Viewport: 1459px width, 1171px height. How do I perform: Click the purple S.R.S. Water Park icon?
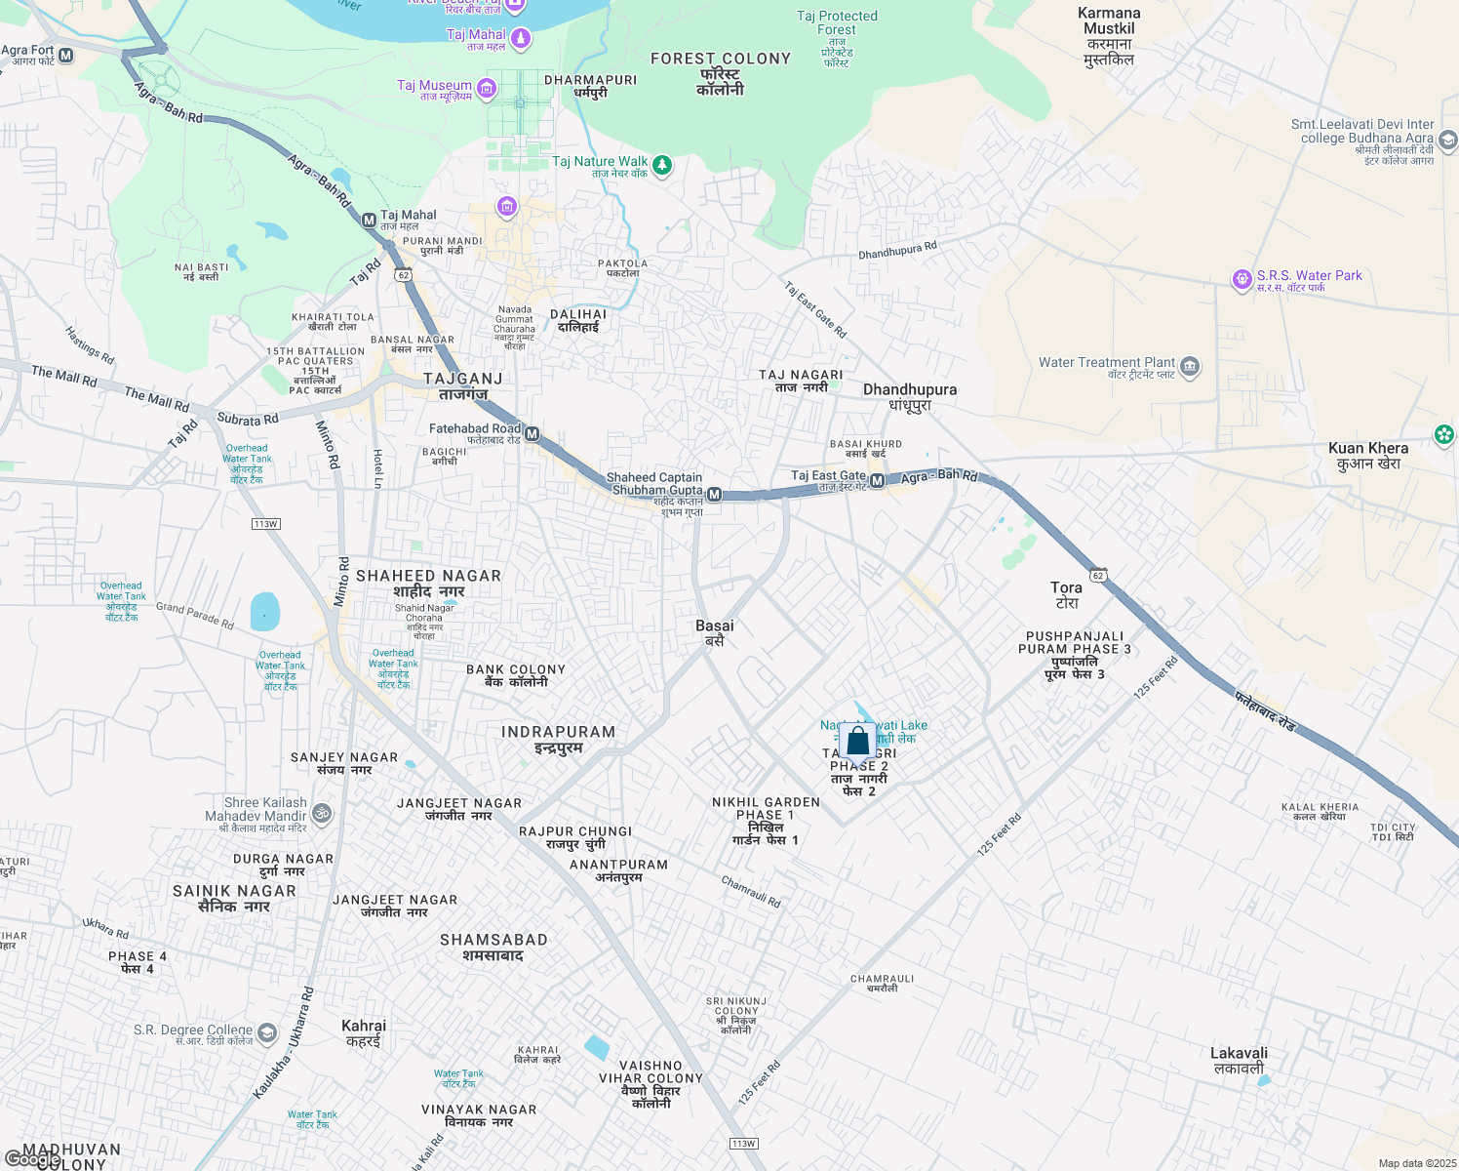click(1242, 280)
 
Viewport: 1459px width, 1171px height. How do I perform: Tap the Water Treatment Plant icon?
click(1189, 368)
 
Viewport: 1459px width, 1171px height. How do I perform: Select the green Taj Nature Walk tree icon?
click(662, 165)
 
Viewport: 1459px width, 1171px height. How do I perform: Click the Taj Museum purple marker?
click(487, 90)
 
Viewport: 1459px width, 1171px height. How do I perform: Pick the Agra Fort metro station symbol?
click(66, 56)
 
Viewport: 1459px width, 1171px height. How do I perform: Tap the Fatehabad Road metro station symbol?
click(532, 434)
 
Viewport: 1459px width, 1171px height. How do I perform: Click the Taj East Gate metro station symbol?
click(877, 480)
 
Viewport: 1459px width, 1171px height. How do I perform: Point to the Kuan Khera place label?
click(1368, 456)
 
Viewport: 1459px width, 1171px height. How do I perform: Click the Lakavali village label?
click(1239, 1061)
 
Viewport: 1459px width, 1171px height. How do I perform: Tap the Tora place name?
click(1066, 595)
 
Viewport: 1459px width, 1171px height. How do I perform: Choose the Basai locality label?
click(715, 633)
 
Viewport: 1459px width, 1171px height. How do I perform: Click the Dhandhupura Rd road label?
click(897, 251)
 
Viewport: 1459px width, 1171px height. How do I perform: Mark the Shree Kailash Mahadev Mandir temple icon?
click(322, 813)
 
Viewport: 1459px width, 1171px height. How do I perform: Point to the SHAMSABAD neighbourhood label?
click(493, 948)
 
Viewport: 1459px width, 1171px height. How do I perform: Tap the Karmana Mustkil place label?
click(1109, 36)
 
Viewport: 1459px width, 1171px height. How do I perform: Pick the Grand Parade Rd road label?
click(195, 616)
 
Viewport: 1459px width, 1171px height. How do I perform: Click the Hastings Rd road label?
click(90, 345)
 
